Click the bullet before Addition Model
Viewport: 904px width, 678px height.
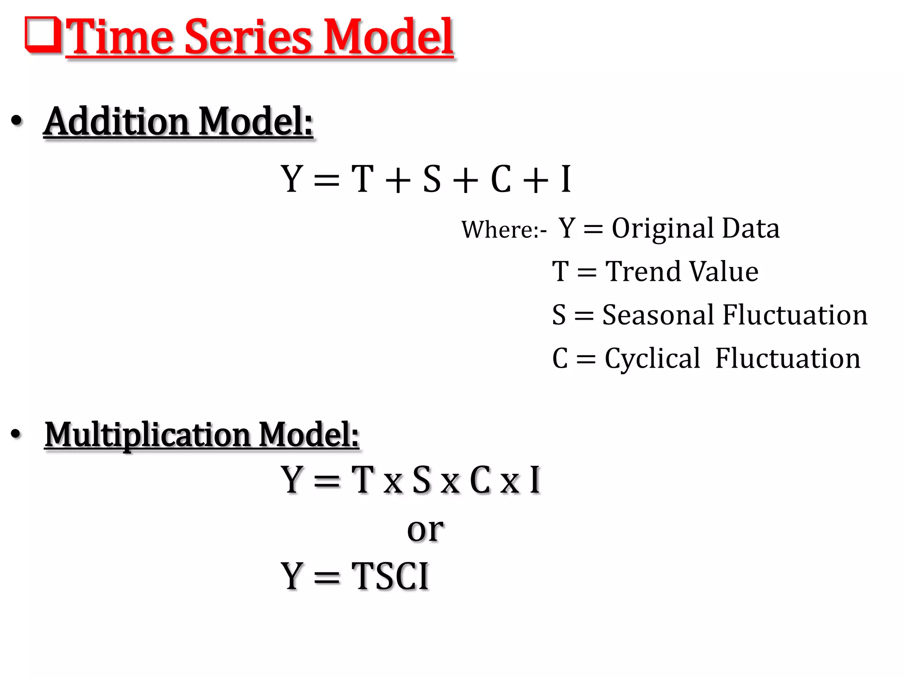point(16,121)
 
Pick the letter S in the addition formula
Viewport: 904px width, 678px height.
point(432,179)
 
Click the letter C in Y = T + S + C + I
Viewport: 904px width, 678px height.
point(501,179)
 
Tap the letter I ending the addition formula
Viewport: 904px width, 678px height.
point(566,179)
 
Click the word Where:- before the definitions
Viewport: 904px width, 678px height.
point(504,230)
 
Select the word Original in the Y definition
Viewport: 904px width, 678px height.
point(662,229)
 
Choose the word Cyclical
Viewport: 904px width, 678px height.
point(652,358)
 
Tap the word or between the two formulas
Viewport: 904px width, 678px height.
point(425,529)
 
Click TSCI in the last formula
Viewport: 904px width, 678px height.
point(390,576)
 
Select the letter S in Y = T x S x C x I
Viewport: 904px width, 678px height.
point(421,480)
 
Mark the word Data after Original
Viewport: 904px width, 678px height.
point(750,229)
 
